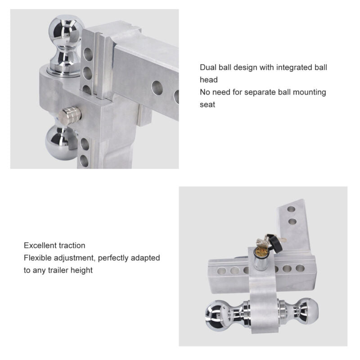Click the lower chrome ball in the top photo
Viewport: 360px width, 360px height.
(61, 143)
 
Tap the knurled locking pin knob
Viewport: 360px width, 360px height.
(70, 116)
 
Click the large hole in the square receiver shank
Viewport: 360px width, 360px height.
(157, 88)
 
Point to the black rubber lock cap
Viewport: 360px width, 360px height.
(276, 243)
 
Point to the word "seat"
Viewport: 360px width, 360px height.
(207, 105)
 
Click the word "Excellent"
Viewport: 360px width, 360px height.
(39, 245)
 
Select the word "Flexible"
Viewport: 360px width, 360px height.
(38, 258)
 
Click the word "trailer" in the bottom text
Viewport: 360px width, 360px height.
(58, 270)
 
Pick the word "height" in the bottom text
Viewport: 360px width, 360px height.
(81, 271)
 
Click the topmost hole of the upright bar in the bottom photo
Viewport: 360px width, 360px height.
(291, 209)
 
